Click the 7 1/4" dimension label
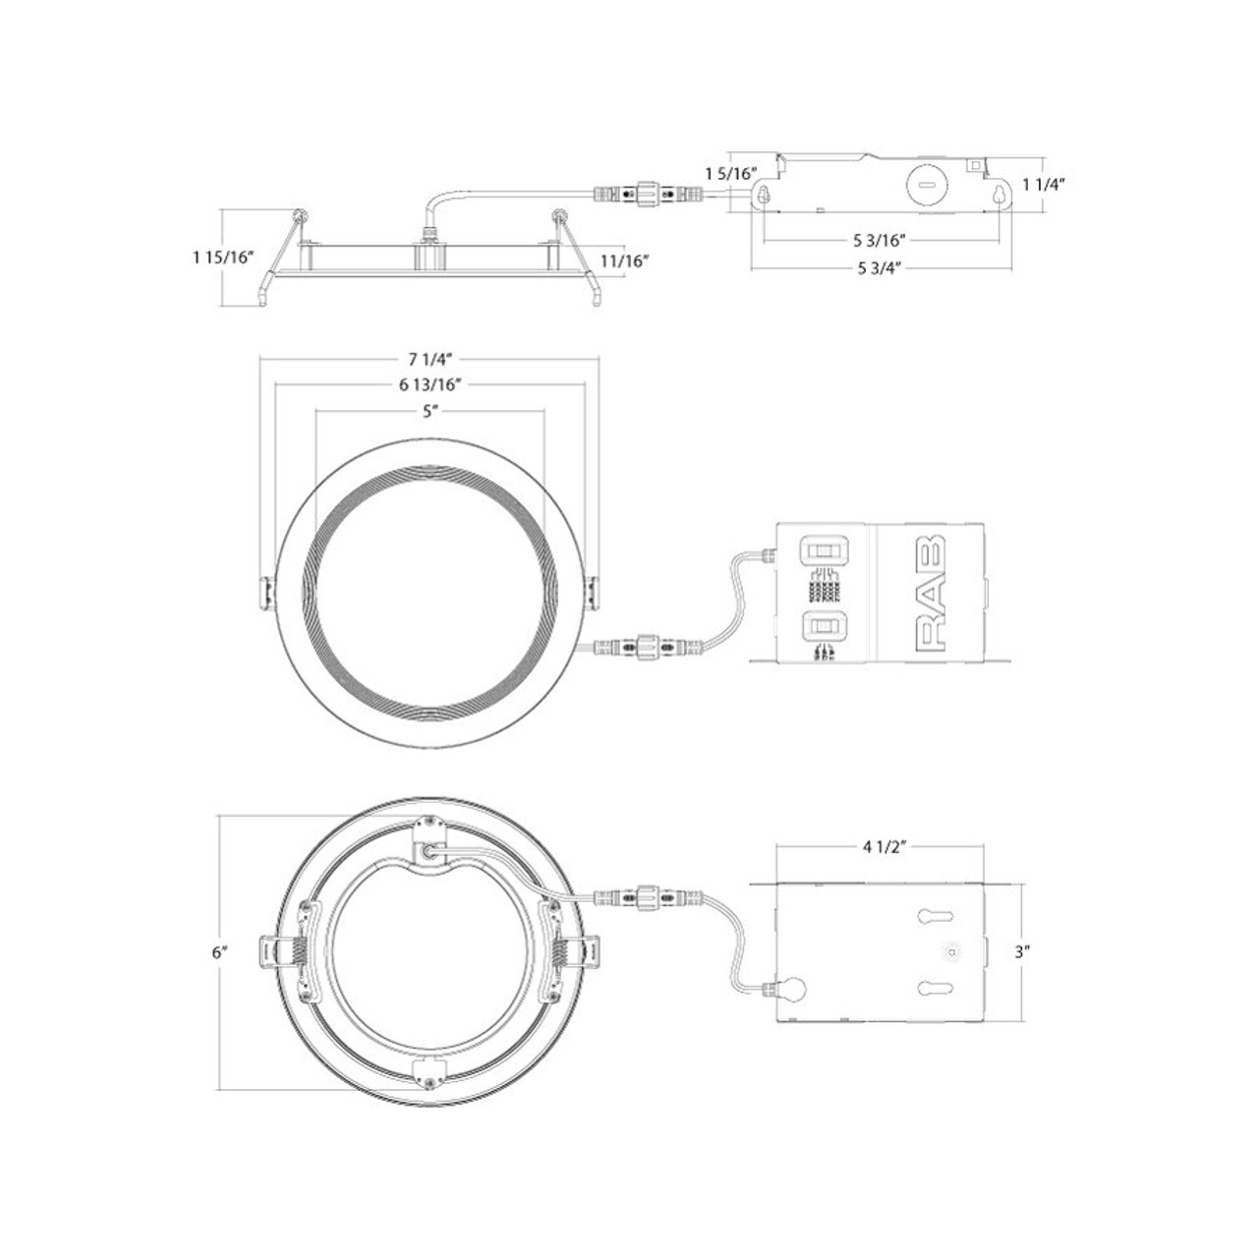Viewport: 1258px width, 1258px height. pos(429,357)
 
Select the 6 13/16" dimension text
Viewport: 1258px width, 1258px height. pos(429,384)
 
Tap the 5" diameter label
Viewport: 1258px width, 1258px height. pos(429,412)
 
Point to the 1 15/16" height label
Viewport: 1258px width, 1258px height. pos(224,257)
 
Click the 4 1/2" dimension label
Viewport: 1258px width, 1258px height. pos(881,846)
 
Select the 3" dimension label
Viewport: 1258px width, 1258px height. pos(1022,951)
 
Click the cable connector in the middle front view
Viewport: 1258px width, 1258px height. pos(648,647)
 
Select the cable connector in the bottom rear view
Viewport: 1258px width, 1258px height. pos(648,896)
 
